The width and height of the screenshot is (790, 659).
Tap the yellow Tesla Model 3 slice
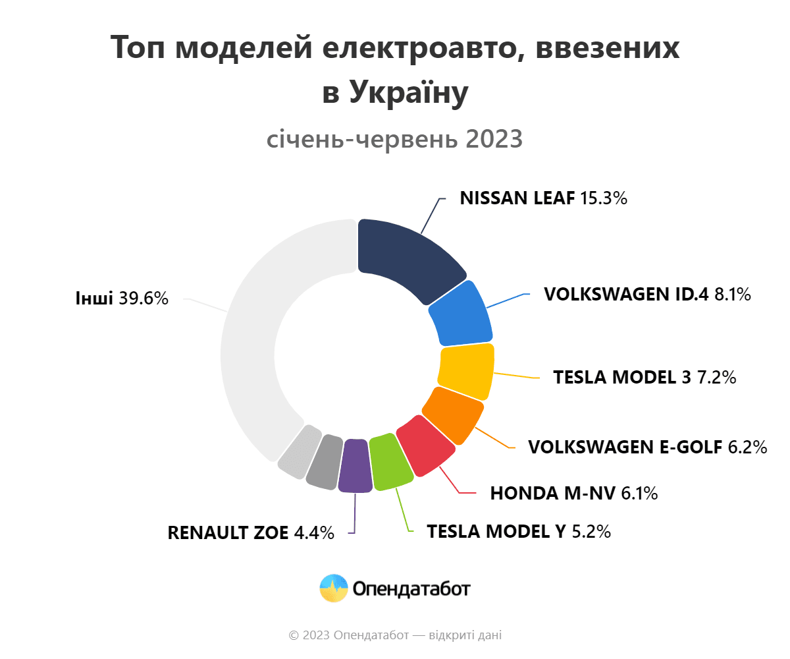467,371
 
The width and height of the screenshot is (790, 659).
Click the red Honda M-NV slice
425,446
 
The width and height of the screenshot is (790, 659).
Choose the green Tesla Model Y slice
391,461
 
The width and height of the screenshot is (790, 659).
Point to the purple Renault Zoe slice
355,465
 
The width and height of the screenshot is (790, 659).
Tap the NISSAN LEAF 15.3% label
543,198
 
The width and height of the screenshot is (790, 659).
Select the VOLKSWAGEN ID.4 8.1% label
647,294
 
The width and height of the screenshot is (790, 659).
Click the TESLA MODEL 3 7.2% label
645,378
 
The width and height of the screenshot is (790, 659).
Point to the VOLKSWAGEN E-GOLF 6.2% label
648,447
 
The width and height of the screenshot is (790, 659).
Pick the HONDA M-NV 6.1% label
574,493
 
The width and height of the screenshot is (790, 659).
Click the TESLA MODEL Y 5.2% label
519,531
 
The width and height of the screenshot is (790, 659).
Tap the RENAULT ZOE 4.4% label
251,532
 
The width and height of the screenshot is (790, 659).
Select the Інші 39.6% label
122,298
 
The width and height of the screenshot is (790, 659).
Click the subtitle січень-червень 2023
394,139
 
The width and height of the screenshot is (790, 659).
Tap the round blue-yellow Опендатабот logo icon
334,588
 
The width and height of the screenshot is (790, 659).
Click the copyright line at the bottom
395,635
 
